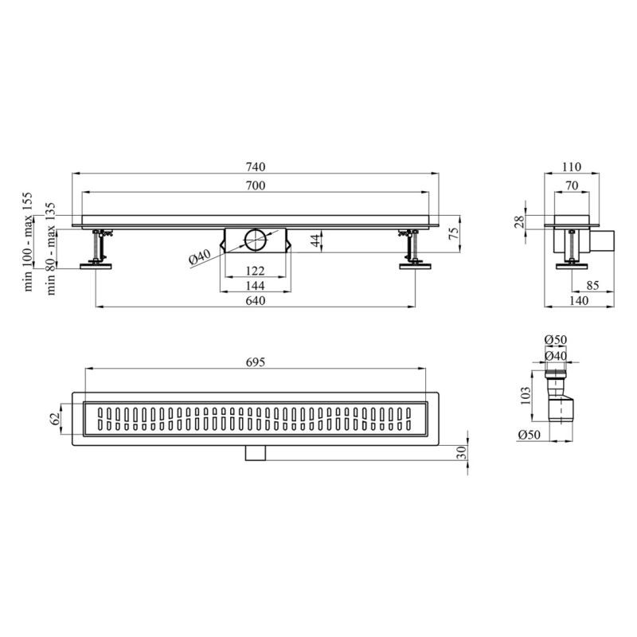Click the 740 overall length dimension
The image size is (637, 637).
[256, 166]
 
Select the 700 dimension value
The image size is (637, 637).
[256, 186]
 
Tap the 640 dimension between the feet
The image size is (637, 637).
[256, 301]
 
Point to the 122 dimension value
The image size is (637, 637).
[256, 271]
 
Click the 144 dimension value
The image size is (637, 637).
[256, 286]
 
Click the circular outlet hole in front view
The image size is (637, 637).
[256, 240]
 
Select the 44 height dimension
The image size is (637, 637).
[315, 240]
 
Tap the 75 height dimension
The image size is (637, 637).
[454, 233]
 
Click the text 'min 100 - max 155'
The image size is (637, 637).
[28, 242]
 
